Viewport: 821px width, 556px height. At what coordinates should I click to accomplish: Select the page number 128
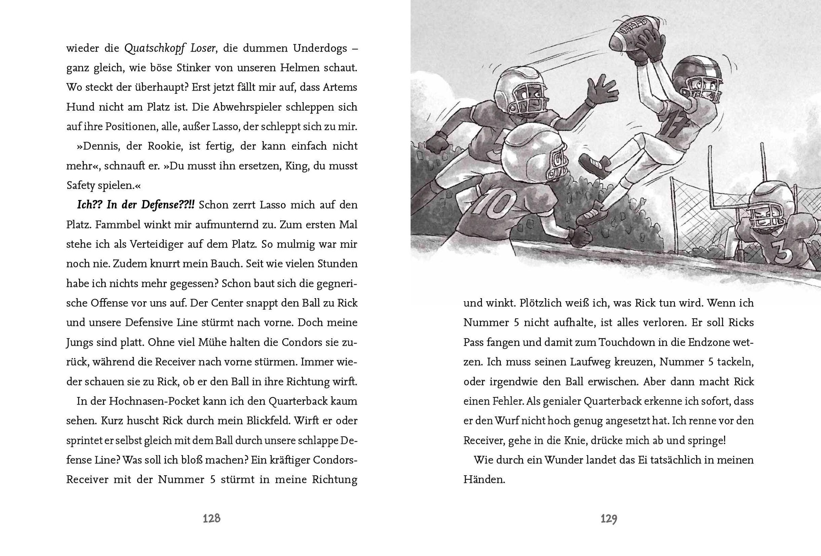[212, 519]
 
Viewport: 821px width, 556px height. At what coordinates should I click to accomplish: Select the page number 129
[609, 519]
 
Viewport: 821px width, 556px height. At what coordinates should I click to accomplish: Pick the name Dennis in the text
[98, 146]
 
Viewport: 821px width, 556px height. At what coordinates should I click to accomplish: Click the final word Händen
[483, 480]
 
